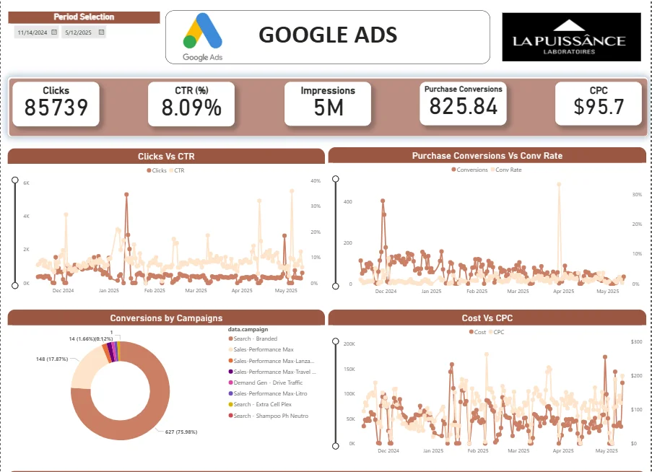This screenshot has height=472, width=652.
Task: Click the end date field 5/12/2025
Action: pyautogui.click(x=79, y=32)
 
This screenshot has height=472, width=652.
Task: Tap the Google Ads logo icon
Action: pyautogui.click(x=201, y=33)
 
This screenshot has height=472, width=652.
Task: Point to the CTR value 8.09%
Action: pyautogui.click(x=191, y=108)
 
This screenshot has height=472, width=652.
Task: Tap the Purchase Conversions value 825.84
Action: pyautogui.click(x=463, y=107)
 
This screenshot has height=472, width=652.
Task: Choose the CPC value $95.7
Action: pyautogui.click(x=598, y=108)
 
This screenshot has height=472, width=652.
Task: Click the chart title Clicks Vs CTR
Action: pyautogui.click(x=166, y=156)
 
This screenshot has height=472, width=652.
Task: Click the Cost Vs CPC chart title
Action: pyautogui.click(x=487, y=318)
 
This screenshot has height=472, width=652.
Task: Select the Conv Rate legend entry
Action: pyautogui.click(x=508, y=170)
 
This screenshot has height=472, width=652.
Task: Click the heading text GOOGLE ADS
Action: pyautogui.click(x=327, y=35)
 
